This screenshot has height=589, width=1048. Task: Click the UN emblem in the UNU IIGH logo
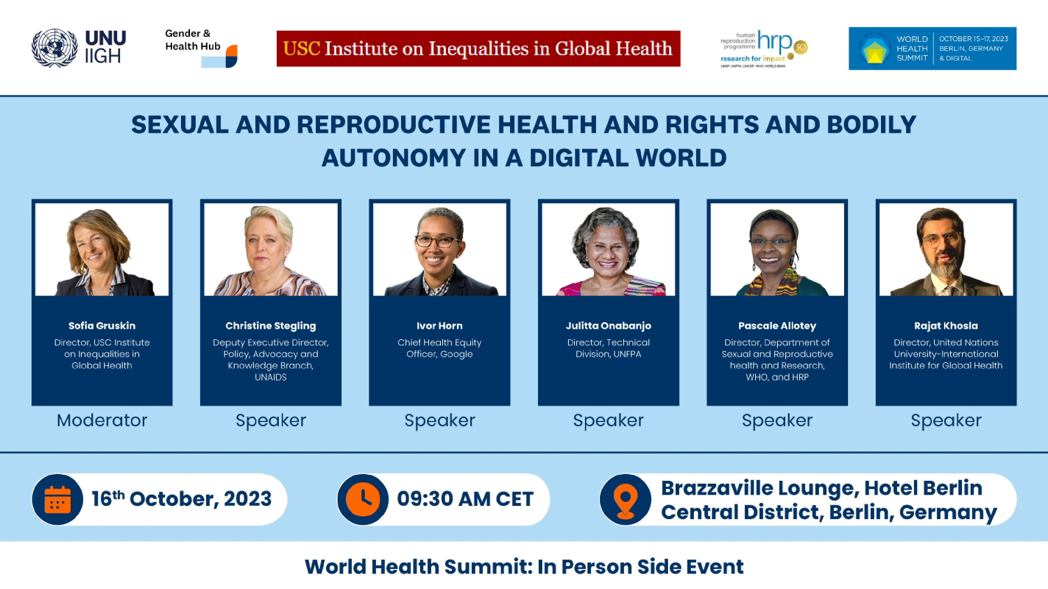[x=54, y=48]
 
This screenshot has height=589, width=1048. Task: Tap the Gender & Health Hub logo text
[x=192, y=40]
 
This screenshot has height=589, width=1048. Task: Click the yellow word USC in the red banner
[x=301, y=49]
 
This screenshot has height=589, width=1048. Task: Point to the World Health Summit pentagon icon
[x=874, y=49]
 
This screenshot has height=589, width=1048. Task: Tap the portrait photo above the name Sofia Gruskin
[x=102, y=249]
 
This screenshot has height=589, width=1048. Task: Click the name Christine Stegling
[x=271, y=325]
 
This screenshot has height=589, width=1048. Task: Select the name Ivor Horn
[x=439, y=325]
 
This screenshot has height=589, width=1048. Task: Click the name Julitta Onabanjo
[x=608, y=325]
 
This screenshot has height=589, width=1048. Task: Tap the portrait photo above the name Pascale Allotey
[x=777, y=249]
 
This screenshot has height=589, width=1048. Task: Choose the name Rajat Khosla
[x=946, y=325]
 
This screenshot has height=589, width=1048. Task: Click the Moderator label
[x=102, y=420]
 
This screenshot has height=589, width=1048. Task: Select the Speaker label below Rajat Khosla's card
[x=946, y=421]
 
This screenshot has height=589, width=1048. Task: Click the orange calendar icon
[x=57, y=499]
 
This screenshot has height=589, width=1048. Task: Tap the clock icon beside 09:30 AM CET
[x=363, y=499]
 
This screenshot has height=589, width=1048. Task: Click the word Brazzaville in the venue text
[x=719, y=488]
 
